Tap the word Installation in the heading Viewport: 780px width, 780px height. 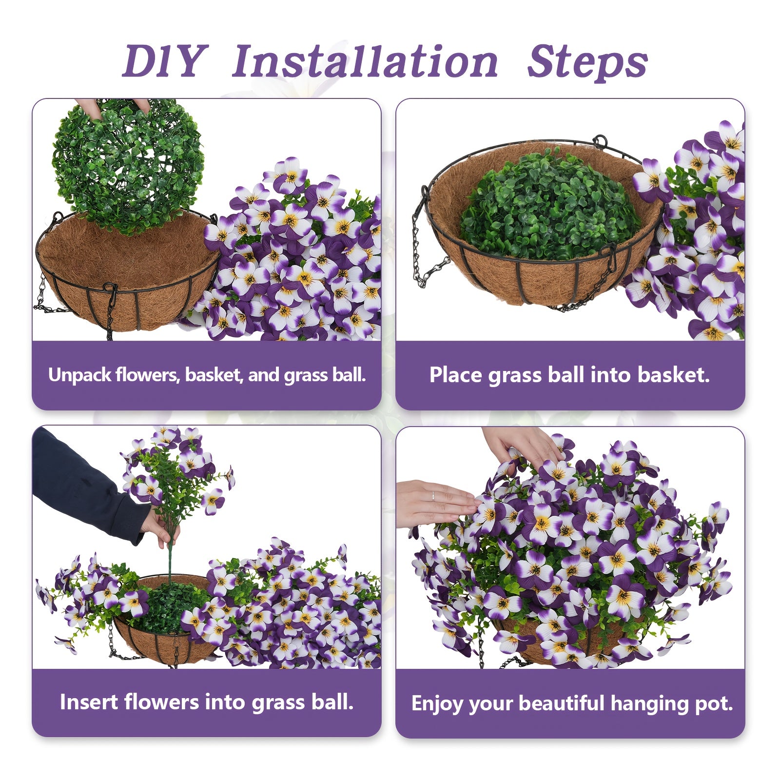[365, 62]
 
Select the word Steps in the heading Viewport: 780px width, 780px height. [587, 62]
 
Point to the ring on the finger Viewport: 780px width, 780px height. [432, 496]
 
